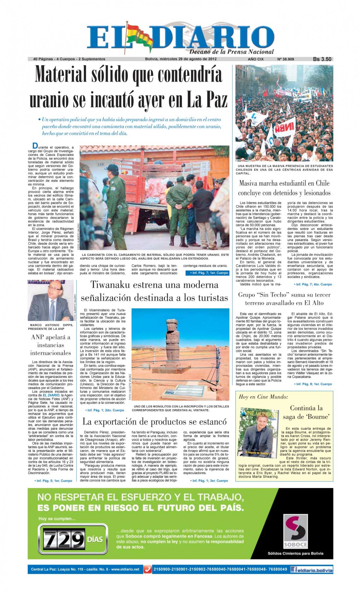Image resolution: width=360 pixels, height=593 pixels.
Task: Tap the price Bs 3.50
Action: (x=322, y=59)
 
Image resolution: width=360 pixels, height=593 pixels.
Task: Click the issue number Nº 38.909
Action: (x=286, y=59)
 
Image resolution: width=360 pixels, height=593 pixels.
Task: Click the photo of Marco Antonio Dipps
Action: (x=50, y=300)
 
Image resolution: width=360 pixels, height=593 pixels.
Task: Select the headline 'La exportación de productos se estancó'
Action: (x=154, y=422)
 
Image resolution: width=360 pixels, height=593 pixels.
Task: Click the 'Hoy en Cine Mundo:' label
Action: (x=263, y=397)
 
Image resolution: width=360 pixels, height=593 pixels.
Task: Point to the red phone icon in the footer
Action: (x=148, y=569)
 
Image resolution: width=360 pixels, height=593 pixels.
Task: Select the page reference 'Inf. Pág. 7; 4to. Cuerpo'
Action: (x=313, y=284)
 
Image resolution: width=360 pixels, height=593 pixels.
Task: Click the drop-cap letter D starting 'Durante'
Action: (x=35, y=146)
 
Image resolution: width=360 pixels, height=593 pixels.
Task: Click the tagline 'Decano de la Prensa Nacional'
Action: (x=231, y=52)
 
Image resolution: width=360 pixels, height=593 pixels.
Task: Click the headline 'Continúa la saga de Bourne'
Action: (x=306, y=412)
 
